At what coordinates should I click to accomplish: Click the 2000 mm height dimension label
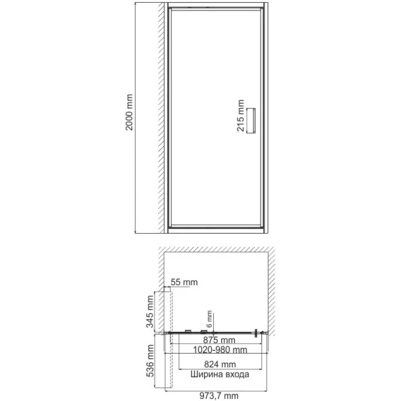click(x=129, y=112)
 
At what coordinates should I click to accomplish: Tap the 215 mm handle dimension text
click(x=241, y=116)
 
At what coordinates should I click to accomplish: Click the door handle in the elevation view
click(x=251, y=121)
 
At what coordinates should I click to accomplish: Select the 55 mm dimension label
click(x=184, y=282)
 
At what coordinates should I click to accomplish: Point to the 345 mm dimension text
click(x=150, y=311)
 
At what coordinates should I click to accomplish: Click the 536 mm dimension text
click(x=150, y=361)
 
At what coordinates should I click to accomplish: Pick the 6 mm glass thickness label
click(x=210, y=319)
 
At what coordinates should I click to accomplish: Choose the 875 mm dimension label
click(x=219, y=340)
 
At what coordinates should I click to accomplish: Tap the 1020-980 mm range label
click(x=220, y=349)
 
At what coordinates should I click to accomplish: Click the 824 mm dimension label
click(x=220, y=364)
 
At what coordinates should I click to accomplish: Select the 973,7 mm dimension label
click(x=219, y=396)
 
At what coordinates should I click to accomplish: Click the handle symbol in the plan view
click(x=256, y=333)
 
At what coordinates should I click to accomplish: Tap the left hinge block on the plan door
click(x=188, y=331)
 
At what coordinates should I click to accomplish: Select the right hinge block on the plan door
click(x=204, y=331)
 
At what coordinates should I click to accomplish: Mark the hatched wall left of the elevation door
click(x=161, y=118)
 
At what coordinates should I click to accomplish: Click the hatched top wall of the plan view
click(x=216, y=249)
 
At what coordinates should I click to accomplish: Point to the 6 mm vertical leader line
click(x=213, y=323)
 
